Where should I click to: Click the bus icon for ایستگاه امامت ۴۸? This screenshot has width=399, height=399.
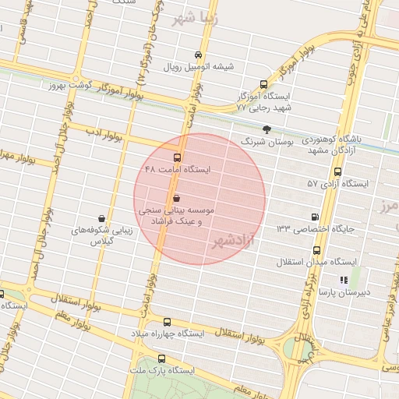(x=176, y=157)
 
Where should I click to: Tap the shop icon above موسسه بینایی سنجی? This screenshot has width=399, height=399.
(x=176, y=198)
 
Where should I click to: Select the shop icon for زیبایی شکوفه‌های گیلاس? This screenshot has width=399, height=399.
(x=101, y=219)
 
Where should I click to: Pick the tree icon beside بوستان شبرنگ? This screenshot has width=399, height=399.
(x=267, y=130)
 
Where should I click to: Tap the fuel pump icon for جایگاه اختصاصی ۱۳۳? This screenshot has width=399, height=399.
(x=314, y=217)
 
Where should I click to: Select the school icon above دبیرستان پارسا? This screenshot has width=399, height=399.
(x=343, y=280)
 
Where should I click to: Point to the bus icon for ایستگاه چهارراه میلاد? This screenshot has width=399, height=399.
(x=167, y=321)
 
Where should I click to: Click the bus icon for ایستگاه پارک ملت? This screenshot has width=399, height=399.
(x=161, y=358)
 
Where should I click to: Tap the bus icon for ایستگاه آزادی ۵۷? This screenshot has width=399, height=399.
(x=337, y=171)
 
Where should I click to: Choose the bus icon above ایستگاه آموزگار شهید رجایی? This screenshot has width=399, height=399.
(x=263, y=84)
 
